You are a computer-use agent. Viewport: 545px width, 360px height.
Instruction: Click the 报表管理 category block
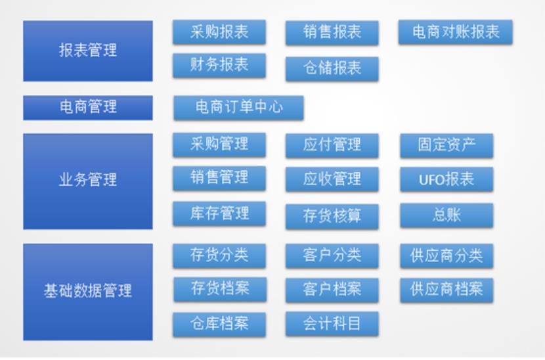tap(88, 51)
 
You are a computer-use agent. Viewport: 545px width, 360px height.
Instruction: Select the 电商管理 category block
tap(88, 108)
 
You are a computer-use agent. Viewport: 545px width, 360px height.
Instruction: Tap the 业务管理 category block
tap(88, 181)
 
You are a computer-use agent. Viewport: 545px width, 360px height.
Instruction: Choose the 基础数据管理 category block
tap(88, 292)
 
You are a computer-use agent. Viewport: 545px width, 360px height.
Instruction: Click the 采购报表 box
tap(219, 32)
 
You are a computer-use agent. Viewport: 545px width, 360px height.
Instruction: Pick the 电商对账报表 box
tap(455, 32)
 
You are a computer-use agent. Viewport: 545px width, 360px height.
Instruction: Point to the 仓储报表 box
tap(332, 69)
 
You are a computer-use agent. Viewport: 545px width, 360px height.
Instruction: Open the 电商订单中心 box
tap(239, 108)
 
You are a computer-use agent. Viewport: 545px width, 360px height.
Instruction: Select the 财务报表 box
tap(219, 66)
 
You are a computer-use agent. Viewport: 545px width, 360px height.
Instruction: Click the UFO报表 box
tap(447, 179)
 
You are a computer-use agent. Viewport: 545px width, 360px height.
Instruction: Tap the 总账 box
tap(447, 215)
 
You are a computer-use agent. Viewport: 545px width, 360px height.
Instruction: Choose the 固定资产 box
tap(447, 146)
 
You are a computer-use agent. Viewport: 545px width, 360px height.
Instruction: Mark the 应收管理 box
tap(332, 179)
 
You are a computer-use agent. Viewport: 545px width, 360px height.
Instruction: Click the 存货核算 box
tap(332, 216)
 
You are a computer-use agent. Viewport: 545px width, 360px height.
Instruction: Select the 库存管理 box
tap(219, 214)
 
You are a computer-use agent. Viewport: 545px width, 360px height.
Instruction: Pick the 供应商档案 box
tap(447, 290)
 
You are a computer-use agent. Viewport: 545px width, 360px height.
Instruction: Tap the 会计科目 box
tap(332, 324)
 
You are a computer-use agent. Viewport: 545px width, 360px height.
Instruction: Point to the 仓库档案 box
tap(219, 325)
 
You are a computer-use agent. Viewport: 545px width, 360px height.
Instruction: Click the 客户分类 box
tap(332, 256)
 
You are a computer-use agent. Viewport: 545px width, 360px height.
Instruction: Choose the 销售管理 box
tap(219, 179)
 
